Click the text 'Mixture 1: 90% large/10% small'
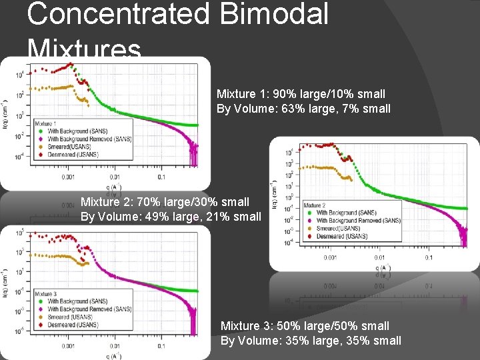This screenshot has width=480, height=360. [x=301, y=95]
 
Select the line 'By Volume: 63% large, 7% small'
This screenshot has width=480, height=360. [x=303, y=108]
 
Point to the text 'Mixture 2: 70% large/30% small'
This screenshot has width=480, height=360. [x=165, y=201]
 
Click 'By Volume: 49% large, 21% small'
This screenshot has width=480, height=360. [x=171, y=215]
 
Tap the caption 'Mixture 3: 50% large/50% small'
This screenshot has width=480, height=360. [x=305, y=326]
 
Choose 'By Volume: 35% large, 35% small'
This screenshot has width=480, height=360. [x=311, y=341]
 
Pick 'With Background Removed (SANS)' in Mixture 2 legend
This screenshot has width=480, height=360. [x=358, y=220]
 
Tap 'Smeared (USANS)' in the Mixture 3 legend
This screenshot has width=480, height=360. [x=73, y=317]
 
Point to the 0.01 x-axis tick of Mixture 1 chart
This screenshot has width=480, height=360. [x=115, y=177]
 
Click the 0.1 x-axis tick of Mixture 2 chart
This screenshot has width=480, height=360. [x=427, y=257]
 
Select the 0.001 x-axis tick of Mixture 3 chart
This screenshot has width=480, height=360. [x=68, y=347]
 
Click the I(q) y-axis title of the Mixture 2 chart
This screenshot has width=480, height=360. [x=274, y=193]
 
